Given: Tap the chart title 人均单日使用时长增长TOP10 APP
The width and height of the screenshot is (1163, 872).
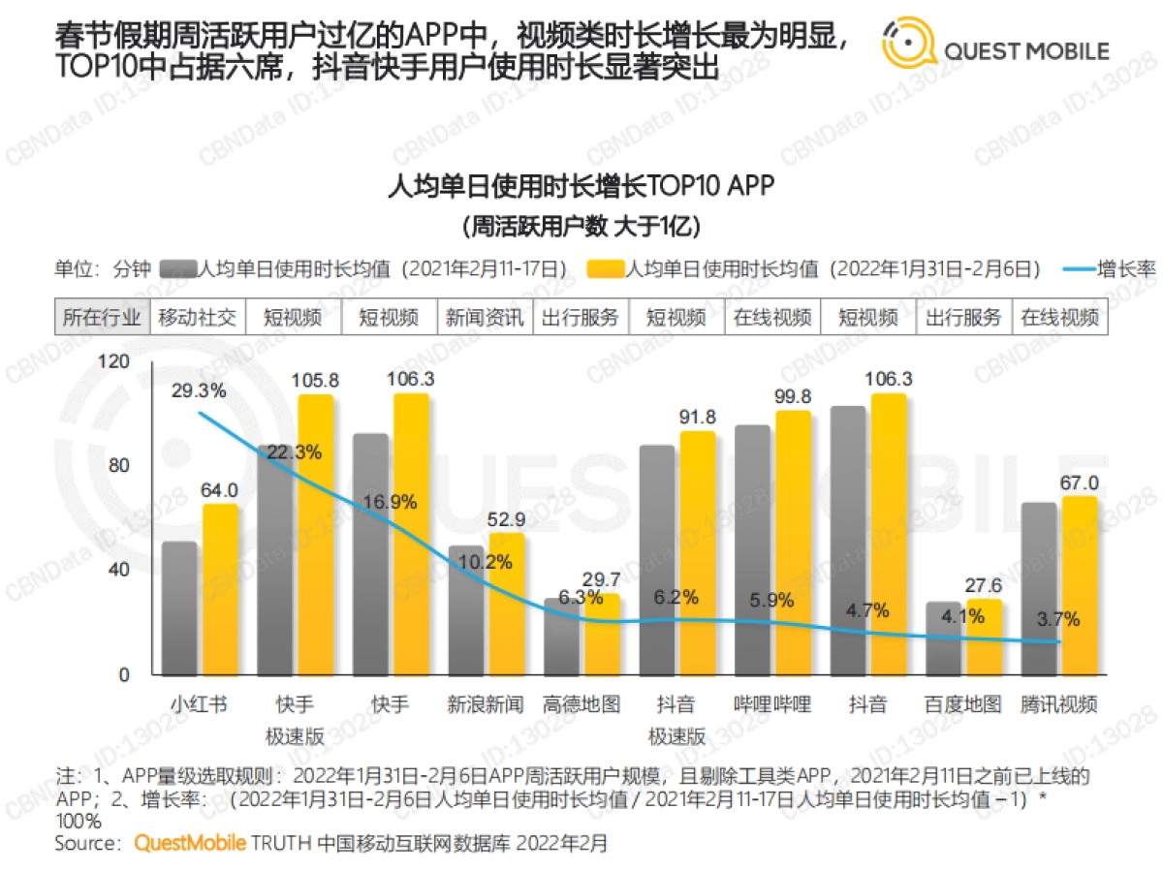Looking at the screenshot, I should point(581,185).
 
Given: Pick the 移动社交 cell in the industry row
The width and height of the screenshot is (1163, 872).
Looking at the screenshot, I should point(197,318).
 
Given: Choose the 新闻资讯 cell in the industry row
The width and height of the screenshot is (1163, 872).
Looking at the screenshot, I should point(485,318).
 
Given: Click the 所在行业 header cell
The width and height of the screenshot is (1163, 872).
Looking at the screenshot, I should point(102,318).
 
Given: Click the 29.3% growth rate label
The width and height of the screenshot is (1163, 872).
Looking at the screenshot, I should point(199,390).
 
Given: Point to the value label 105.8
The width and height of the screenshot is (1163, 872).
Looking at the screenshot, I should point(315,379).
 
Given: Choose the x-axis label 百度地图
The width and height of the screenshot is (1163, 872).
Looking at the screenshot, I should point(963,704).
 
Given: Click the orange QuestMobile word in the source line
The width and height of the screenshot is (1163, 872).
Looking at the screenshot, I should point(190,843).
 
